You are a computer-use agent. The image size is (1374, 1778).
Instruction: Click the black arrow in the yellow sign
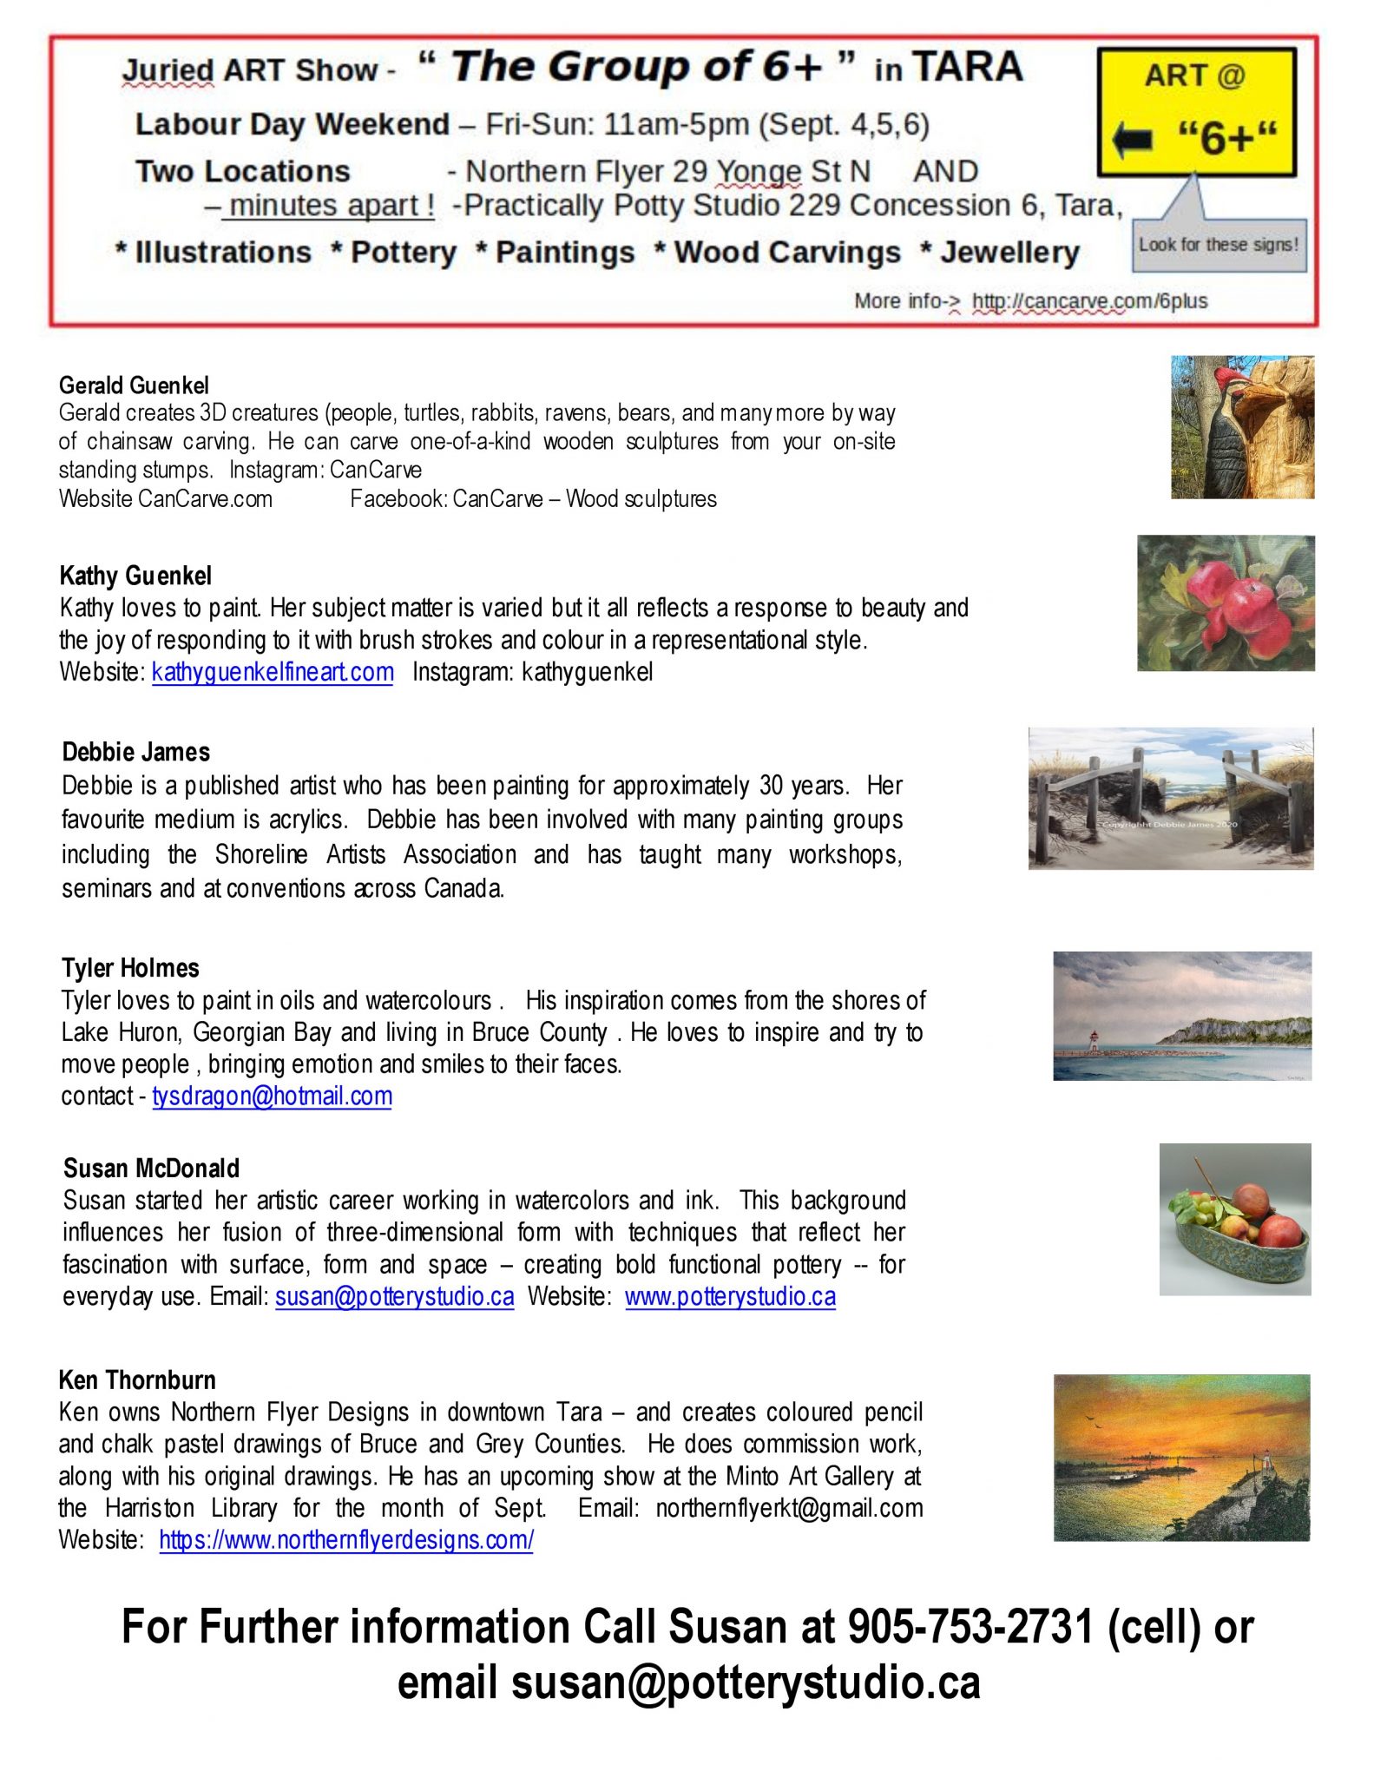pyautogui.click(x=1133, y=139)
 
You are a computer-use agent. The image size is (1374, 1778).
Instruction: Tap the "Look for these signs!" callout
pyautogui.click(x=1219, y=245)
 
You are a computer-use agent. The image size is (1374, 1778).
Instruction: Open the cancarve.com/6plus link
pyautogui.click(x=1089, y=301)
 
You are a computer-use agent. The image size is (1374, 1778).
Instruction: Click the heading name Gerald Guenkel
pyautogui.click(x=134, y=385)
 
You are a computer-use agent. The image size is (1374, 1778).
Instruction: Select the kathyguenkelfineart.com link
pyautogui.click(x=273, y=672)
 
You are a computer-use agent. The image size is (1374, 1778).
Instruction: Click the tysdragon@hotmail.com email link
pyautogui.click(x=272, y=1096)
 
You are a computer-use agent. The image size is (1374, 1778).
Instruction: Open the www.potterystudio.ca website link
pyautogui.click(x=730, y=1296)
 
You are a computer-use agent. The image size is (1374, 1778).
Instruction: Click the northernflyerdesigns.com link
pyautogui.click(x=346, y=1539)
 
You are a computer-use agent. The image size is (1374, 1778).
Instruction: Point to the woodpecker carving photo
pyautogui.click(x=1242, y=427)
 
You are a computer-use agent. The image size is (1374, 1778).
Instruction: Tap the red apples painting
pyautogui.click(x=1226, y=603)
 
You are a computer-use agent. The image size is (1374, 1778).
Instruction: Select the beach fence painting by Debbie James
pyautogui.click(x=1170, y=799)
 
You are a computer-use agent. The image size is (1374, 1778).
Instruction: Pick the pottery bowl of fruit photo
pyautogui.click(x=1234, y=1219)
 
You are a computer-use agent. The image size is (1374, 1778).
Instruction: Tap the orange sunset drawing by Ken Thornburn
pyautogui.click(x=1181, y=1457)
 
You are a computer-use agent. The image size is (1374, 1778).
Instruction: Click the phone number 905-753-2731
pyautogui.click(x=970, y=1626)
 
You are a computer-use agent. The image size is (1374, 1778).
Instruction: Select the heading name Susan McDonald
pyautogui.click(x=151, y=1169)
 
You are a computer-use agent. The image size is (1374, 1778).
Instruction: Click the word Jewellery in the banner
pyautogui.click(x=1009, y=253)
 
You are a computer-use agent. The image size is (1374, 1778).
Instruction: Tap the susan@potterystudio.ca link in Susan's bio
pyautogui.click(x=394, y=1296)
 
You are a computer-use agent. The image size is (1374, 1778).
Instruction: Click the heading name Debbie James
pyautogui.click(x=136, y=752)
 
